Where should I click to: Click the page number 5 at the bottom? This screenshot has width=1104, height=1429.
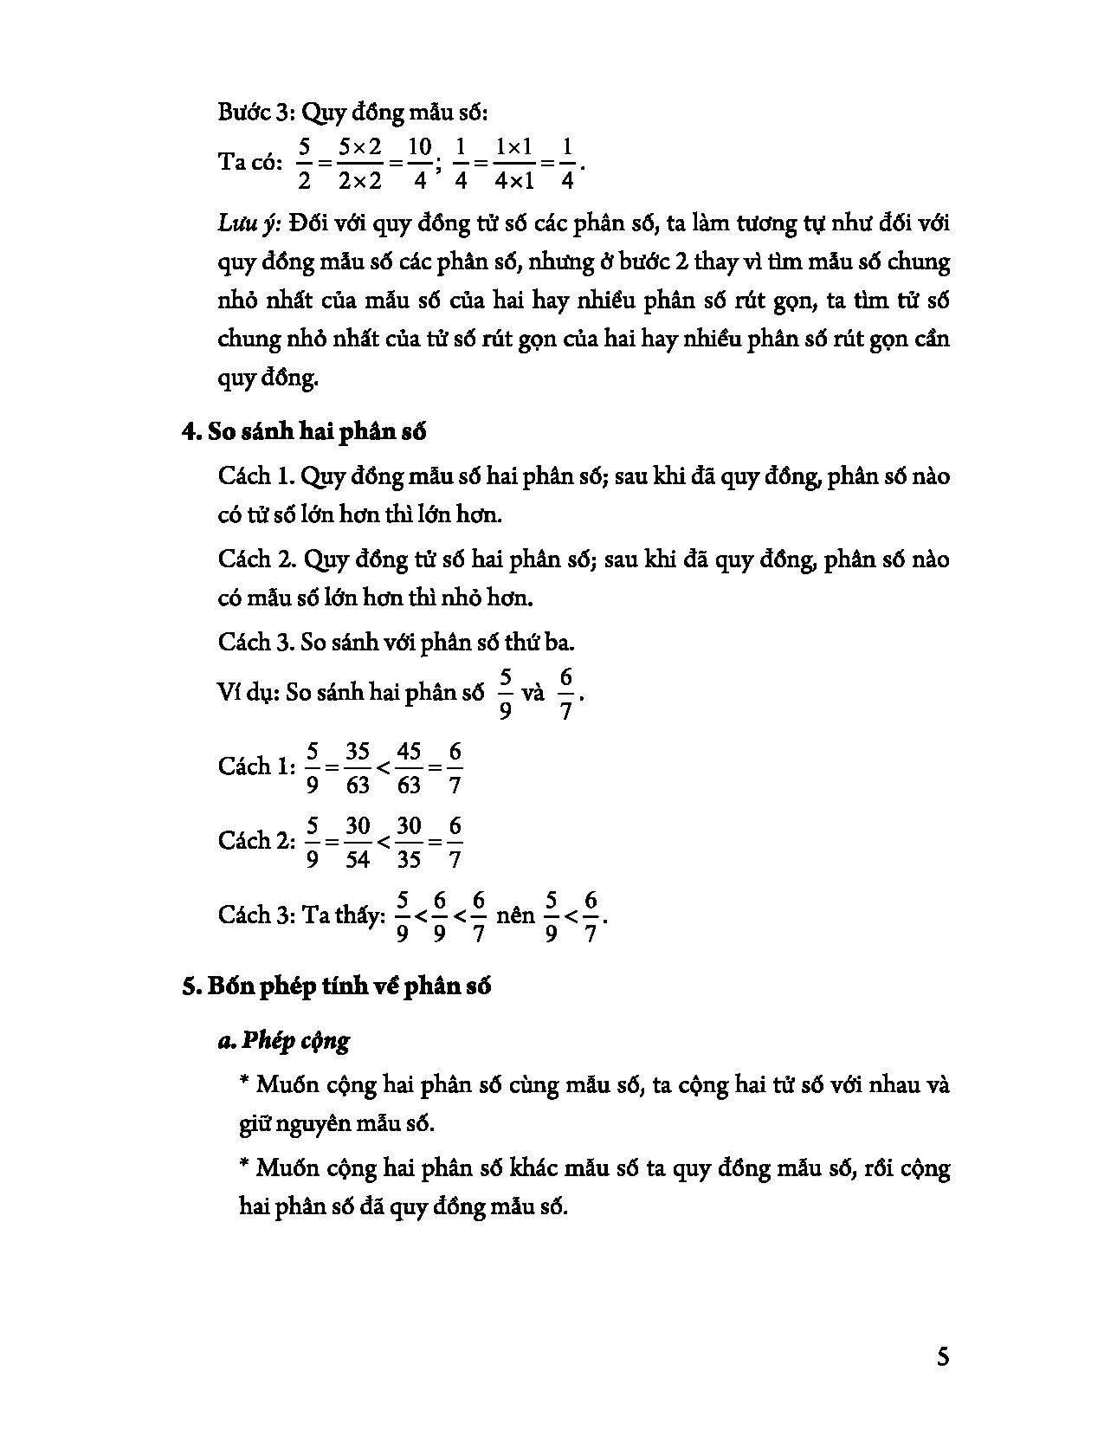click(943, 1355)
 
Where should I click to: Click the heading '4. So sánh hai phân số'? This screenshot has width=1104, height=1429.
click(304, 431)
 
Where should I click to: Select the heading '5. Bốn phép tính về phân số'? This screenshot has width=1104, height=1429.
click(337, 986)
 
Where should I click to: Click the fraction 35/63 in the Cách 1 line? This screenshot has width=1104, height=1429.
click(358, 767)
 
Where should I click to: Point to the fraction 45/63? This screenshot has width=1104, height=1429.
click(408, 767)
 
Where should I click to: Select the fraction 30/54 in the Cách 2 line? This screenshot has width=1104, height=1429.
click(358, 841)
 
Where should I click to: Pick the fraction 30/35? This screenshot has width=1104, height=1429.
click(408, 841)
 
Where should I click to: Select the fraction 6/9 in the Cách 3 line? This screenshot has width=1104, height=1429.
click(441, 915)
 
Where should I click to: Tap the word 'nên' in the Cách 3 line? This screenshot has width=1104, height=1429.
click(516, 915)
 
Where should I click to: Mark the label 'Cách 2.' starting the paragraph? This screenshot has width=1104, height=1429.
click(257, 559)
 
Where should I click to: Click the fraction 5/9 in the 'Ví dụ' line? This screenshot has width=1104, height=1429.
click(506, 693)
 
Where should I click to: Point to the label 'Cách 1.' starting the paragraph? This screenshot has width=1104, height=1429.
click(257, 476)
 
